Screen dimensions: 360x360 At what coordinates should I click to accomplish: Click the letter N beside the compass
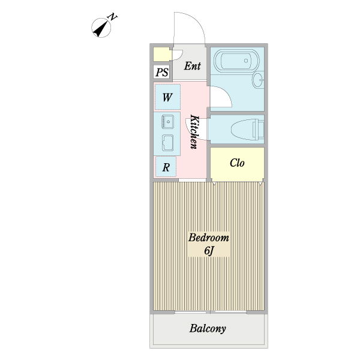coord(113,17)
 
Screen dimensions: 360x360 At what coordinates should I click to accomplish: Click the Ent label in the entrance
coord(193,66)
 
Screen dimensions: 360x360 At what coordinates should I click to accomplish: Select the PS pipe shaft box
coord(163,72)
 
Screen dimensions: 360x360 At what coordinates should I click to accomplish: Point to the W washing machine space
coord(167,97)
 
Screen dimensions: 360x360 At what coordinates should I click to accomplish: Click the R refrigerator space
coord(166,167)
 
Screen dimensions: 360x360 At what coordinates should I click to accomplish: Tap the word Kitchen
coord(194,132)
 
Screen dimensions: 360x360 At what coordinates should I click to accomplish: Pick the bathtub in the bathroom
coord(236,61)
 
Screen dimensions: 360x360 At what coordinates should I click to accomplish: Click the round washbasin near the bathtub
coord(259,80)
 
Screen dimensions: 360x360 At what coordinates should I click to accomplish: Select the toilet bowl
coord(247,130)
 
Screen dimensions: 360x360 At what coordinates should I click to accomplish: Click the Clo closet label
coord(237,163)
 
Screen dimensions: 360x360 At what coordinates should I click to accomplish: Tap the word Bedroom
coord(208,238)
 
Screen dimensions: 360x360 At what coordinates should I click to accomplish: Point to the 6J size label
coord(209,250)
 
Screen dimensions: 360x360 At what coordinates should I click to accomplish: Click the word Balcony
coord(208,329)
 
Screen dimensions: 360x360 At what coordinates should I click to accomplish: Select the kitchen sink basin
coord(168,121)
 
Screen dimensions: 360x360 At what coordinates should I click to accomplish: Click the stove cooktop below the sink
coord(167,143)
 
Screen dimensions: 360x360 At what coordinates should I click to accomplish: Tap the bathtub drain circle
coord(246,61)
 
